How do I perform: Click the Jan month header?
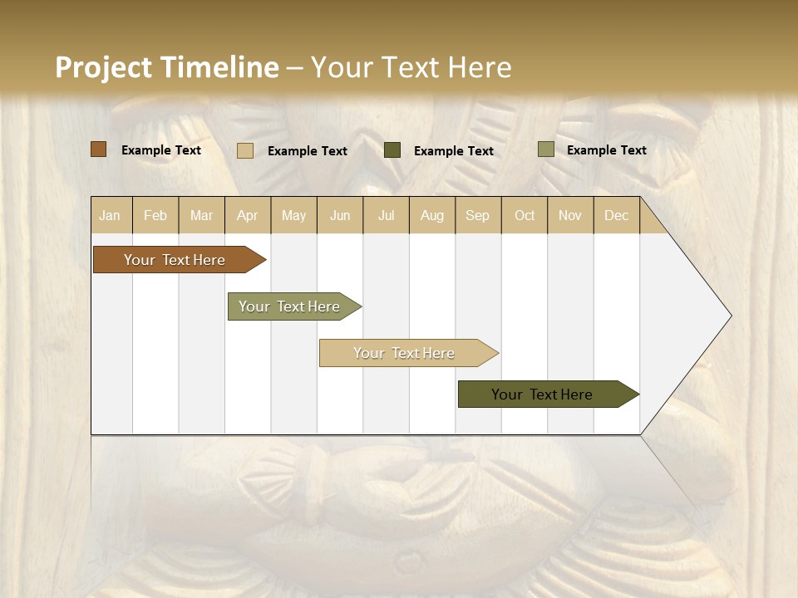110,215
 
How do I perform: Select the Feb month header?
155,215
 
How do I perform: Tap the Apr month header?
247,215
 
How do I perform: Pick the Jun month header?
340,215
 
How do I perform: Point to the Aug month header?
431,215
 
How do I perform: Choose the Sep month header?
477,215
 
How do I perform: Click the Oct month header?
525,215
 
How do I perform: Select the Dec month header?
616,215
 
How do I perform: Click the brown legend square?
98,149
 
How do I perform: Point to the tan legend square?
245,150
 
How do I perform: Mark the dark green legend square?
392,150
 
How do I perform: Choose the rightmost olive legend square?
545,149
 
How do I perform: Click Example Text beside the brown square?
161,150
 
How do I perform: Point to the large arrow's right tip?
730,316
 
